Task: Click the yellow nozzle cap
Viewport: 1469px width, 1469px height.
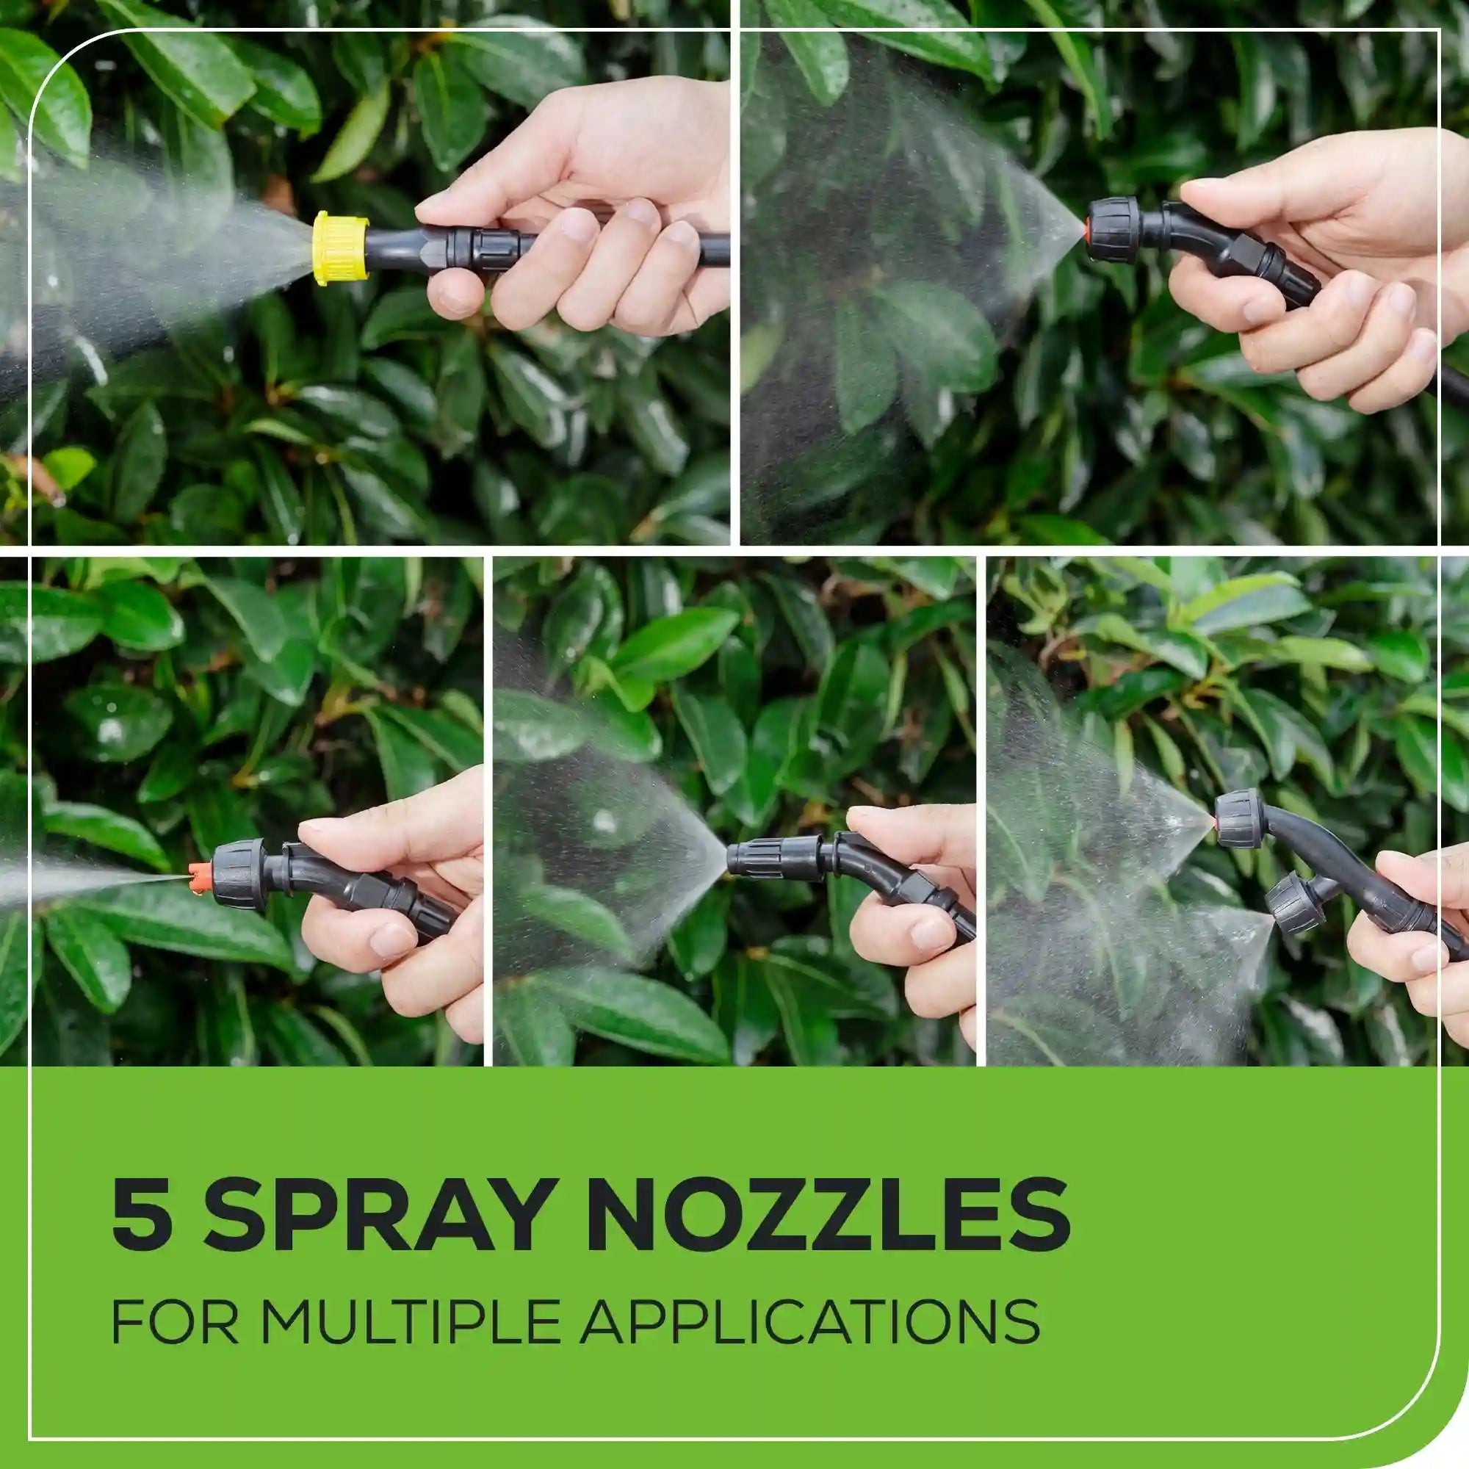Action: pyautogui.click(x=342, y=249)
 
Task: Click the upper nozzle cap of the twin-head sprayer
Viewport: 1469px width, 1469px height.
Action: pyautogui.click(x=1238, y=819)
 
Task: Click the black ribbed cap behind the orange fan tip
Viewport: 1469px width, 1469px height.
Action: pyautogui.click(x=238, y=870)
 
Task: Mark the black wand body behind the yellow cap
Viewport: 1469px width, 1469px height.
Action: pyautogui.click(x=449, y=243)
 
